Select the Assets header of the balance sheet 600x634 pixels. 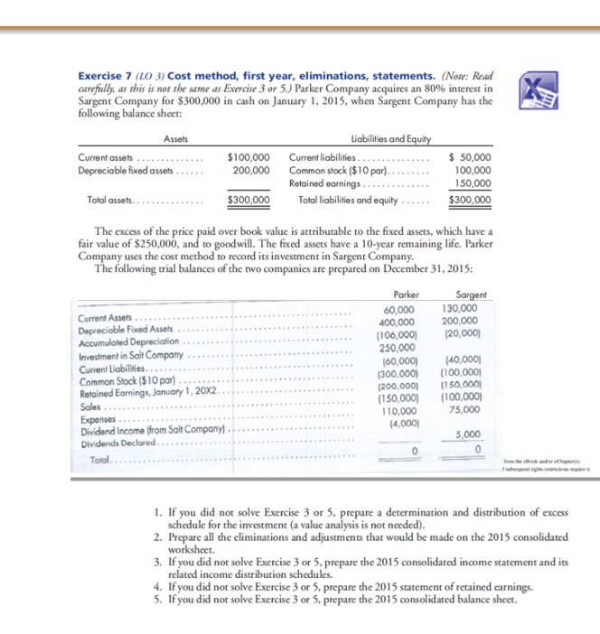point(175,139)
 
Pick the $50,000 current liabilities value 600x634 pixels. point(470,157)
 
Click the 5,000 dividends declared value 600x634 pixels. point(473,433)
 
